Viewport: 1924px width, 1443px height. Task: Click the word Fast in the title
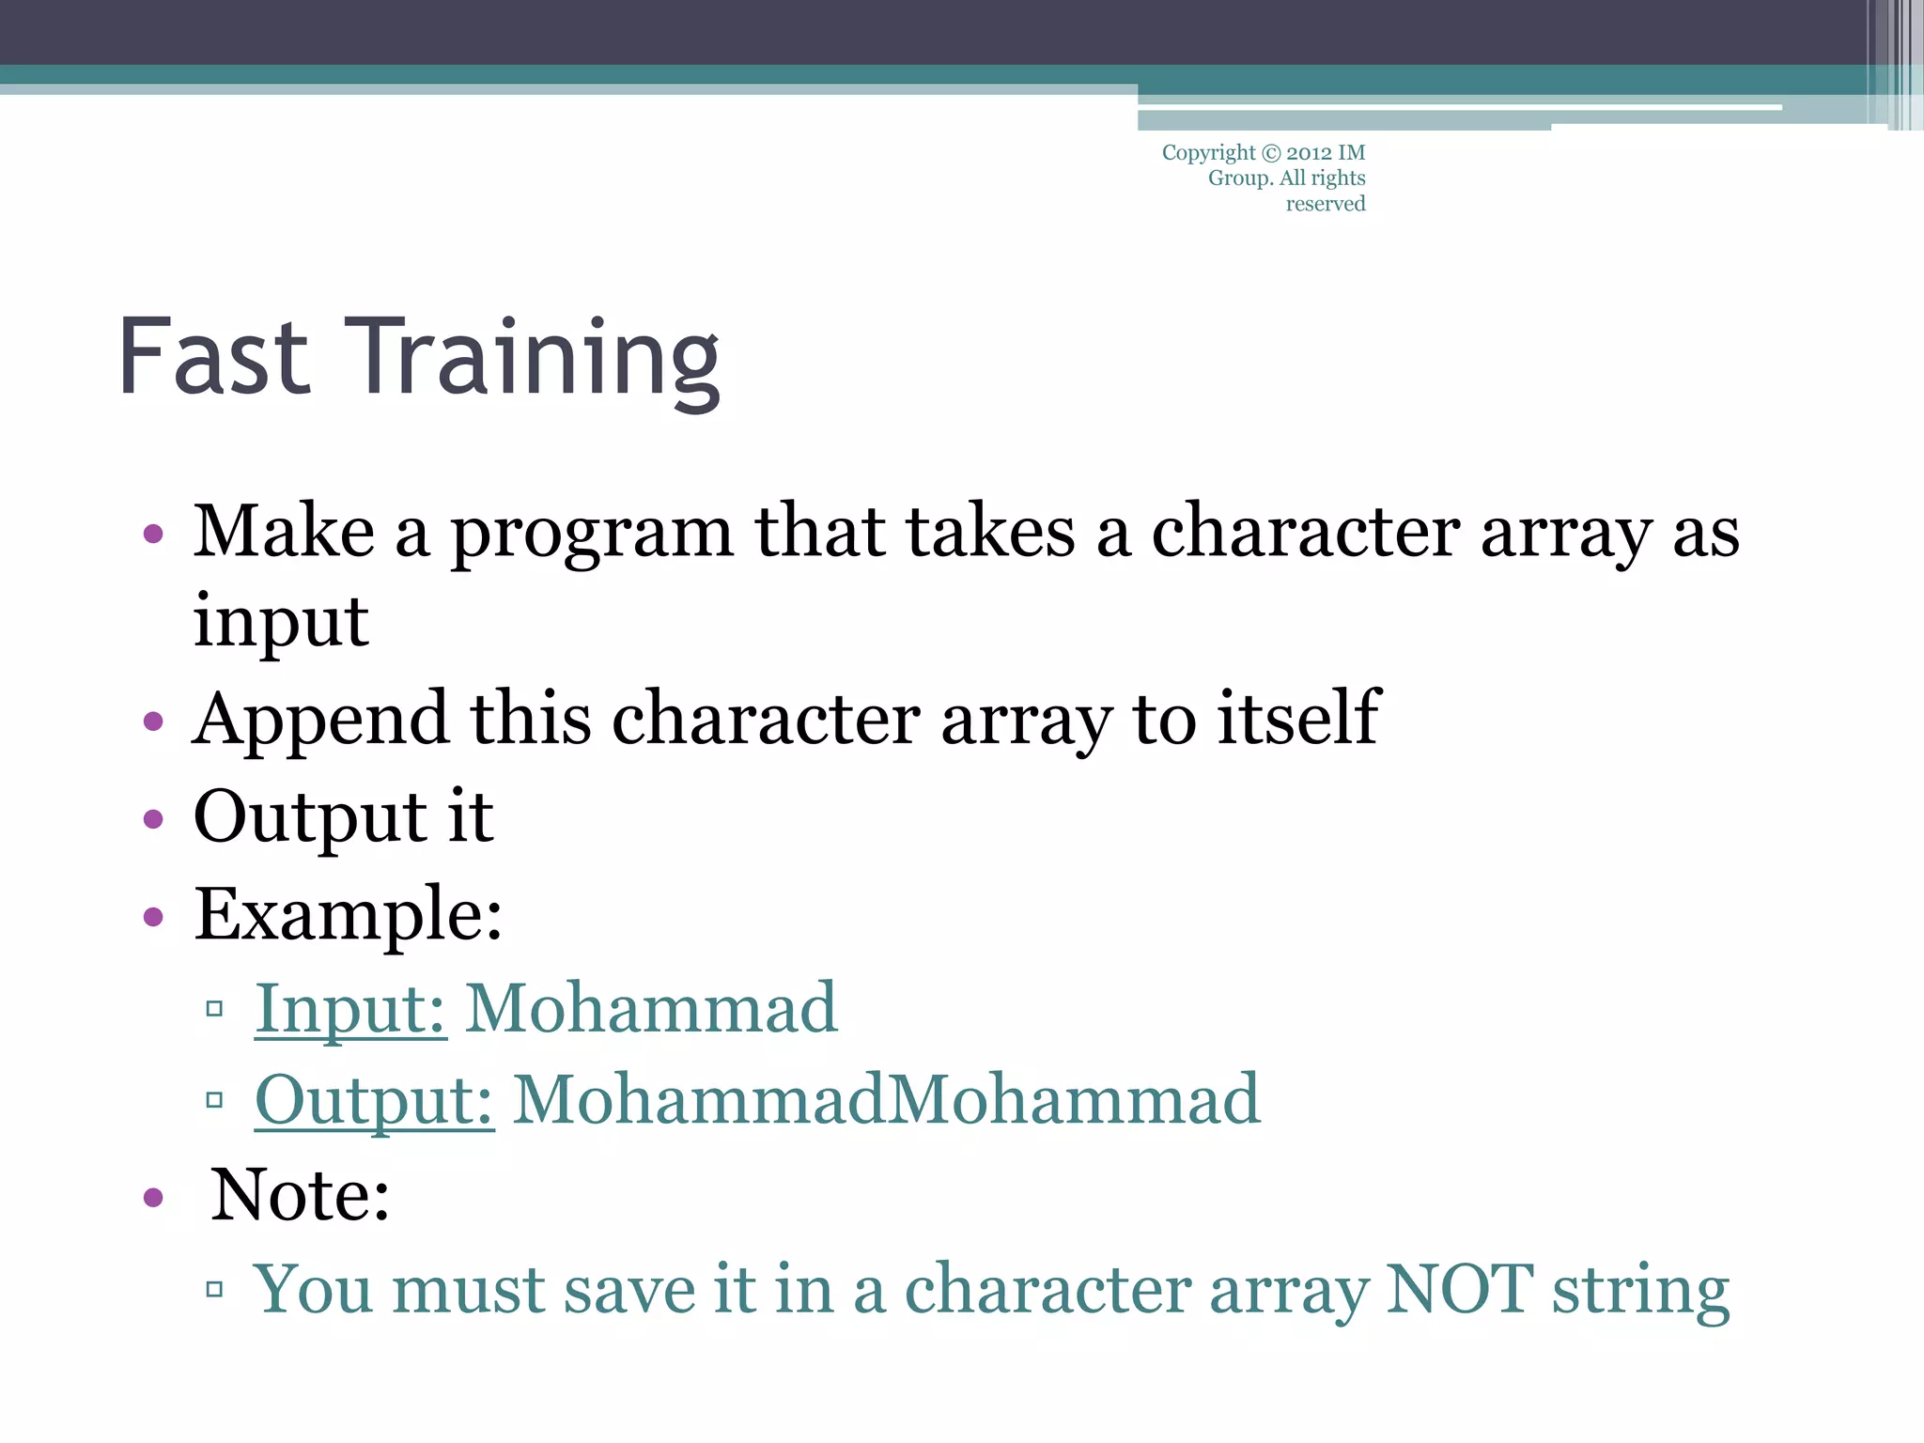coord(214,357)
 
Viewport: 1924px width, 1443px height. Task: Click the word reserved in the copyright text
coord(1325,204)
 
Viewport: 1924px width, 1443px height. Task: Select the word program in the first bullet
coord(592,534)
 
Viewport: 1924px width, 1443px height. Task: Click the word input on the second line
coord(281,622)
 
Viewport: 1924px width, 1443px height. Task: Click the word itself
coord(1298,718)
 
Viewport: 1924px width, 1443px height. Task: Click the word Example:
coord(349,914)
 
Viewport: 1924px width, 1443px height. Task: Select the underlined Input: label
coord(350,1009)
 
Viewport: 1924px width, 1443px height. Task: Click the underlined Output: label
coord(374,1100)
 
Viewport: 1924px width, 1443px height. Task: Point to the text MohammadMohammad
coord(886,1099)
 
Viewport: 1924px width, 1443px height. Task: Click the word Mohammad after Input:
coord(651,1009)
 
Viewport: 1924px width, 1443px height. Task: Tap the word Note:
coord(300,1195)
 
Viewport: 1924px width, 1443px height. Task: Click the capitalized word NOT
coord(1459,1289)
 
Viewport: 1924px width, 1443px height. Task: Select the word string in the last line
coord(1640,1292)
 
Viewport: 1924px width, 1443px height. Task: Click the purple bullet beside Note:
coord(153,1198)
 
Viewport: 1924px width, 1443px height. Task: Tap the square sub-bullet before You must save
coord(214,1289)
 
